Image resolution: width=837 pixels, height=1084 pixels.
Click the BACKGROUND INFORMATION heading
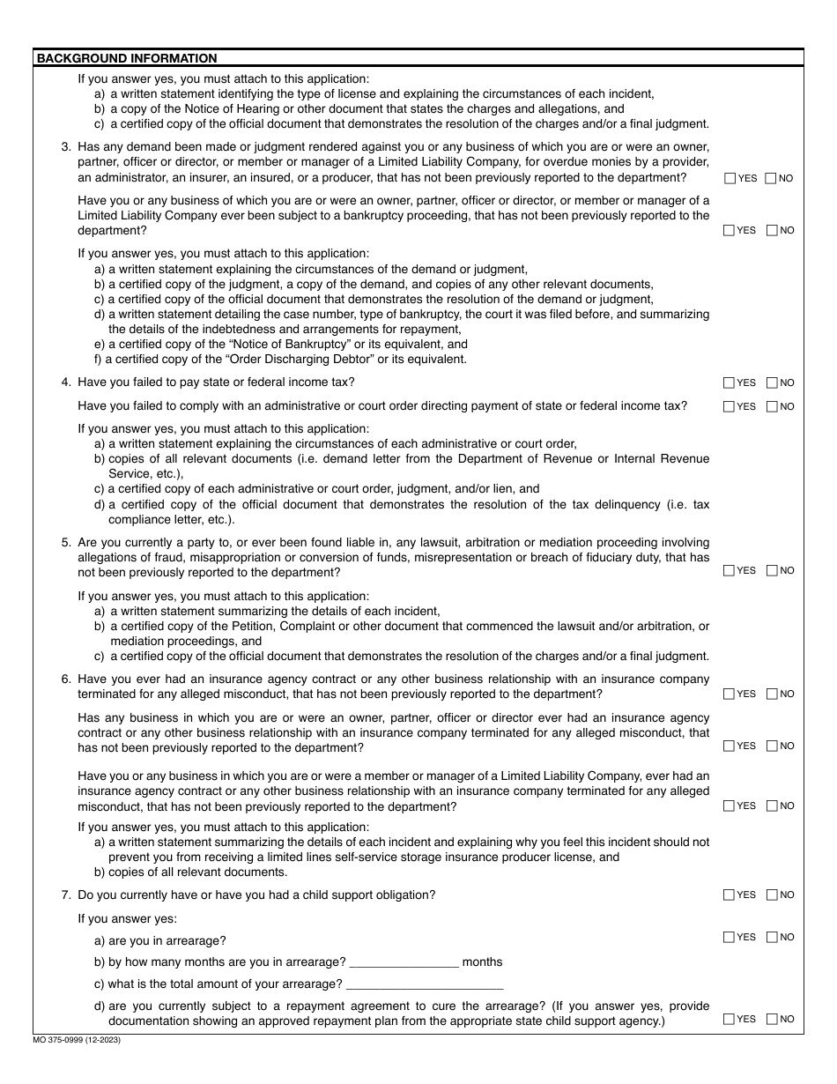[x=127, y=59]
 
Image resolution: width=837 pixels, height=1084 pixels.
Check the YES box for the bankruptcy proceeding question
[x=729, y=231]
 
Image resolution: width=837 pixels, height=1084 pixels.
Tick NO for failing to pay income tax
[x=772, y=383]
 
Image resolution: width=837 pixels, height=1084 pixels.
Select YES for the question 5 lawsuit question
[x=729, y=571]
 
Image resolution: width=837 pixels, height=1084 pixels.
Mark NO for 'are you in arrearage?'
[x=772, y=938]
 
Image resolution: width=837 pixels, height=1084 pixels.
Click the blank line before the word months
[x=404, y=962]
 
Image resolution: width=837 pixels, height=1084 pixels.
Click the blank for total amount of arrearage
[x=425, y=984]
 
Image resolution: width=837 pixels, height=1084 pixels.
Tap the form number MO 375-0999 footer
[x=78, y=1041]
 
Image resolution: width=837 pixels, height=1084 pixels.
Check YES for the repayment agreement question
[x=729, y=1020]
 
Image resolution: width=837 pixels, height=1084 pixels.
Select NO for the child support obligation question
[x=772, y=895]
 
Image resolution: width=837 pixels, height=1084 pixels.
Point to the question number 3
[x=66, y=147]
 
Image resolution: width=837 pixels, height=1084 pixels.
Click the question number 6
[x=66, y=679]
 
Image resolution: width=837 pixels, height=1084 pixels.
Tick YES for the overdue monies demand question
[x=729, y=179]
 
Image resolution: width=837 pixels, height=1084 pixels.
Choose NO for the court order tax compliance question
[x=772, y=407]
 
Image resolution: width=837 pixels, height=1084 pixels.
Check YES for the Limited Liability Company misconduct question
[x=729, y=806]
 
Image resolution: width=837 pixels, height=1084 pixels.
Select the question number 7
[x=66, y=895]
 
